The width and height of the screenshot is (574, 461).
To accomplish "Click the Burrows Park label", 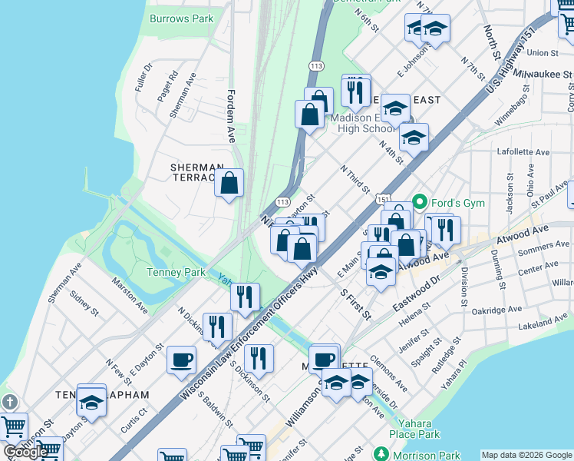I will [181, 18].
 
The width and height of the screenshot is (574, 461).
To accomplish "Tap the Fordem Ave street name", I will [230, 115].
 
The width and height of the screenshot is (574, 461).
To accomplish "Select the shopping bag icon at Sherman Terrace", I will [229, 184].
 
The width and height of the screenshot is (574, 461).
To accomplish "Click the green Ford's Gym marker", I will [420, 203].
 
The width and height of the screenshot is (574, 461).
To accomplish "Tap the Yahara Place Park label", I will [419, 428].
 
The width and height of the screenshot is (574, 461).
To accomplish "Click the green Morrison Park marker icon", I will [381, 455].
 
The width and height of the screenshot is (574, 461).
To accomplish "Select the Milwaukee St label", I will [543, 75].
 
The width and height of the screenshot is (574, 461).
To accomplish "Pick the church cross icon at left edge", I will [9, 402].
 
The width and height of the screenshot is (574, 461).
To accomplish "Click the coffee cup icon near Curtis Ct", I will [182, 360].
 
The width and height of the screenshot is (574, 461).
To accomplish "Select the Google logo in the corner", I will [25, 452].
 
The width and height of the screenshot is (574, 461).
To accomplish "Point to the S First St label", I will [355, 304].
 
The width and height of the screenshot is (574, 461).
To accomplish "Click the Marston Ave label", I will [130, 296].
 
